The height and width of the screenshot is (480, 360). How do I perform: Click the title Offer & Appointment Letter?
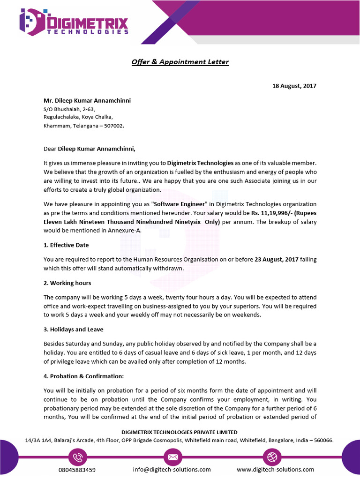(x=180, y=62)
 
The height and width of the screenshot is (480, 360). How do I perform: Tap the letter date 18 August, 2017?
(x=294, y=86)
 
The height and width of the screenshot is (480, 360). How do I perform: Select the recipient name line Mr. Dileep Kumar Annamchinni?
(x=87, y=101)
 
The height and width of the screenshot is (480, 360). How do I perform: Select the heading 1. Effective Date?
(x=66, y=245)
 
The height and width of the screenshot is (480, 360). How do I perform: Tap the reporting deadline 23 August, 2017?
(x=276, y=259)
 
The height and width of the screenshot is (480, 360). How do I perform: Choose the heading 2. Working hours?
(x=67, y=283)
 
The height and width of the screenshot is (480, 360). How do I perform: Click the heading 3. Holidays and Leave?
(x=74, y=330)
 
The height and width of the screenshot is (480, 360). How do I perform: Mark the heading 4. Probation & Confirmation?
(x=84, y=376)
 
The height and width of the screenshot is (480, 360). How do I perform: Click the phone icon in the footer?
(x=77, y=457)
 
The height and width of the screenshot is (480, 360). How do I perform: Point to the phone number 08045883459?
(x=77, y=470)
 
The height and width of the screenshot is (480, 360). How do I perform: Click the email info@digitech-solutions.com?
(x=172, y=470)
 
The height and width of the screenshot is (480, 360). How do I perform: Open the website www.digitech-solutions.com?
(x=275, y=470)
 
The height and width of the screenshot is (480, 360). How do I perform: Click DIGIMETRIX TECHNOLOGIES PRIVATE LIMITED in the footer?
(x=180, y=432)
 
